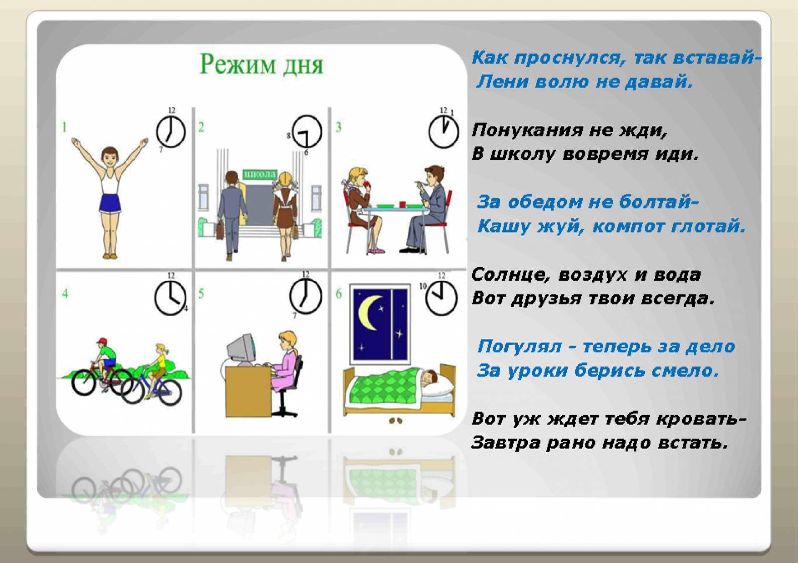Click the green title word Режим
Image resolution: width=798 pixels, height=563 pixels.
pyautogui.click(x=238, y=65)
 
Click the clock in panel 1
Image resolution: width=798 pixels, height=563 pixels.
pyautogui.click(x=171, y=132)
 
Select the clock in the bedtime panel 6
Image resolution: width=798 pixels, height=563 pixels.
pyautogui.click(x=441, y=298)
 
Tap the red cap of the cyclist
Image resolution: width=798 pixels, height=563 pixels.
pyautogui.click(x=102, y=341)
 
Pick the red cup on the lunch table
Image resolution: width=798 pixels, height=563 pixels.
pyautogui.click(x=402, y=204)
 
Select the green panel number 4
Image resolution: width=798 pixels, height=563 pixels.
pyautogui.click(x=65, y=293)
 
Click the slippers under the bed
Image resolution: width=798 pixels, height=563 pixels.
pyautogui.click(x=396, y=421)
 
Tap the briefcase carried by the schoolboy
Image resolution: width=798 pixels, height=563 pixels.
pyautogui.click(x=220, y=230)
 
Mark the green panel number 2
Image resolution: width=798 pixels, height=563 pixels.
pyautogui.click(x=201, y=127)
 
